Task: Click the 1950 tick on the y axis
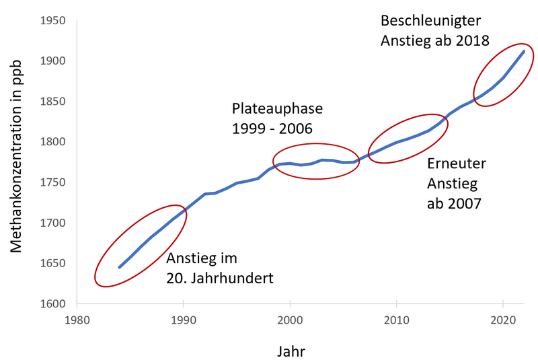click(x=53, y=21)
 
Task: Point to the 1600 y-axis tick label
click(x=53, y=303)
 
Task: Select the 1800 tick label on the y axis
click(x=53, y=142)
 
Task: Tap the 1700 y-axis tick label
click(x=53, y=223)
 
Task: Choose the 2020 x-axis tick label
click(x=504, y=320)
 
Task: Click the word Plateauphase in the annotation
click(x=277, y=108)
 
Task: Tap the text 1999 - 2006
click(x=272, y=128)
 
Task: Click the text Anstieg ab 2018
click(x=434, y=40)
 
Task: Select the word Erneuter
click(x=457, y=164)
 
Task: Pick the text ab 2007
click(x=454, y=203)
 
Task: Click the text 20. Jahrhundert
click(x=220, y=277)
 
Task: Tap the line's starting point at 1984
click(x=119, y=267)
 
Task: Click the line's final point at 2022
click(x=525, y=51)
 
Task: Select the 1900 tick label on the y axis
click(x=53, y=61)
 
